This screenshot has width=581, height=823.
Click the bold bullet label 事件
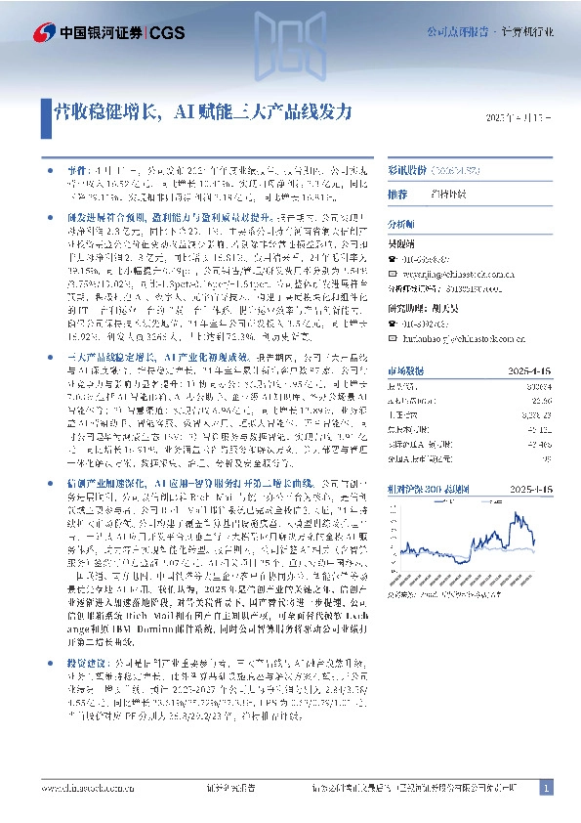[62, 167]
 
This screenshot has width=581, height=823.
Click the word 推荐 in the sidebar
[397, 194]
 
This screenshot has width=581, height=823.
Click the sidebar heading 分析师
[402, 223]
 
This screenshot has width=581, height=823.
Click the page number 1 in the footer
[546, 788]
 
